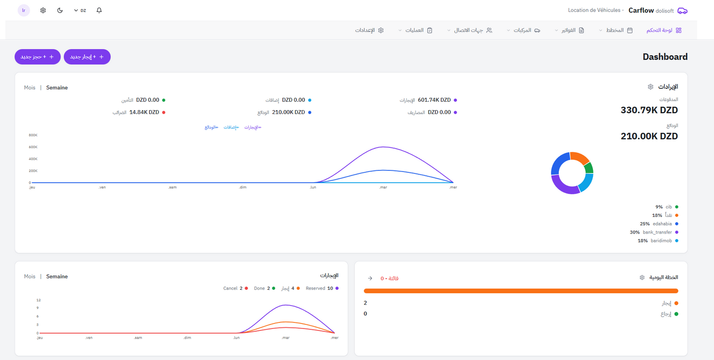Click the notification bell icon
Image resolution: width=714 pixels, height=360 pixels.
click(99, 10)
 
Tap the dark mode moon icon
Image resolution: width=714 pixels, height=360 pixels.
click(60, 10)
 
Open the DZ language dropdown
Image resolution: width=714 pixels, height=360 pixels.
click(80, 10)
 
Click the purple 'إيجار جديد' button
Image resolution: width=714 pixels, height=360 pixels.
click(87, 57)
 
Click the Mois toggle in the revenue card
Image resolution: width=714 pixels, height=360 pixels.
click(30, 87)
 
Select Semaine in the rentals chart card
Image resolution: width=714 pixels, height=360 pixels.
click(57, 277)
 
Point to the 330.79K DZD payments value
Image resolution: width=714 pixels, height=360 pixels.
click(649, 110)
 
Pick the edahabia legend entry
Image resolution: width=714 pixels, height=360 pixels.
click(659, 224)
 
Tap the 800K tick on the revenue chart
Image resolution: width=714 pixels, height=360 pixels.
click(33, 135)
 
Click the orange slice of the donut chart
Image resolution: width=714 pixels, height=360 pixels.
click(579, 158)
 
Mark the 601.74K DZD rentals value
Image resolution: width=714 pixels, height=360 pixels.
click(434, 100)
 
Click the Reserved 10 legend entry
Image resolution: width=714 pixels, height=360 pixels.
click(322, 288)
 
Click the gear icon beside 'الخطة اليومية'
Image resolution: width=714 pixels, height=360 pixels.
click(642, 278)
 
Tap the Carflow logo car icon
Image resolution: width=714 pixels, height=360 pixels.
click(682, 10)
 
